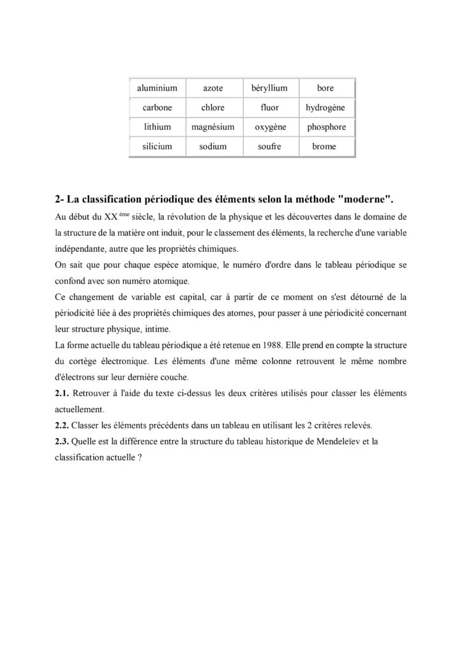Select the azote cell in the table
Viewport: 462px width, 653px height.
213,88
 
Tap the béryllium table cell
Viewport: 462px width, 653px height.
270,88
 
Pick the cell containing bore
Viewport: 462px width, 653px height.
325,88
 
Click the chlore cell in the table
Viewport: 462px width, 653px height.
213,108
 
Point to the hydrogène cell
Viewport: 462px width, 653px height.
325,108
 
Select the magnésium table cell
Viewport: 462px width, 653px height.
213,127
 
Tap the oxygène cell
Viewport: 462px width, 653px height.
270,127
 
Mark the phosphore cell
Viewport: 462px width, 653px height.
326,127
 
